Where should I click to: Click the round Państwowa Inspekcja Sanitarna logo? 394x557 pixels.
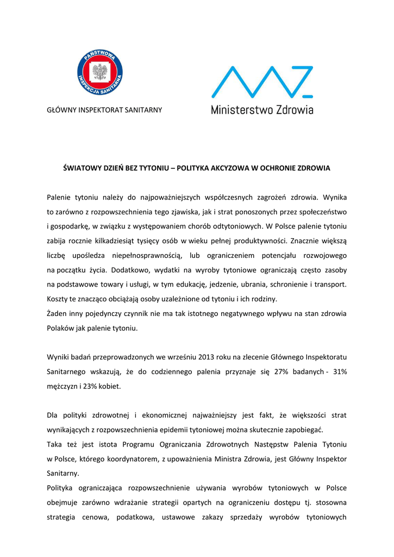(99, 72)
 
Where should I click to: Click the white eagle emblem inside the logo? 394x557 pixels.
(99, 72)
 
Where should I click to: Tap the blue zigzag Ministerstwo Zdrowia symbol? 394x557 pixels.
(262, 82)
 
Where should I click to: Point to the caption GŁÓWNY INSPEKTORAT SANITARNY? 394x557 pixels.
(104, 110)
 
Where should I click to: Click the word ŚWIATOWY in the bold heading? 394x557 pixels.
(83, 168)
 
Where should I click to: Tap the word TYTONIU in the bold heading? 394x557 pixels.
(157, 168)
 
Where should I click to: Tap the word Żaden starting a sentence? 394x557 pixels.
(57, 314)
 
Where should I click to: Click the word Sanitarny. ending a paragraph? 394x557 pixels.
(63, 473)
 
